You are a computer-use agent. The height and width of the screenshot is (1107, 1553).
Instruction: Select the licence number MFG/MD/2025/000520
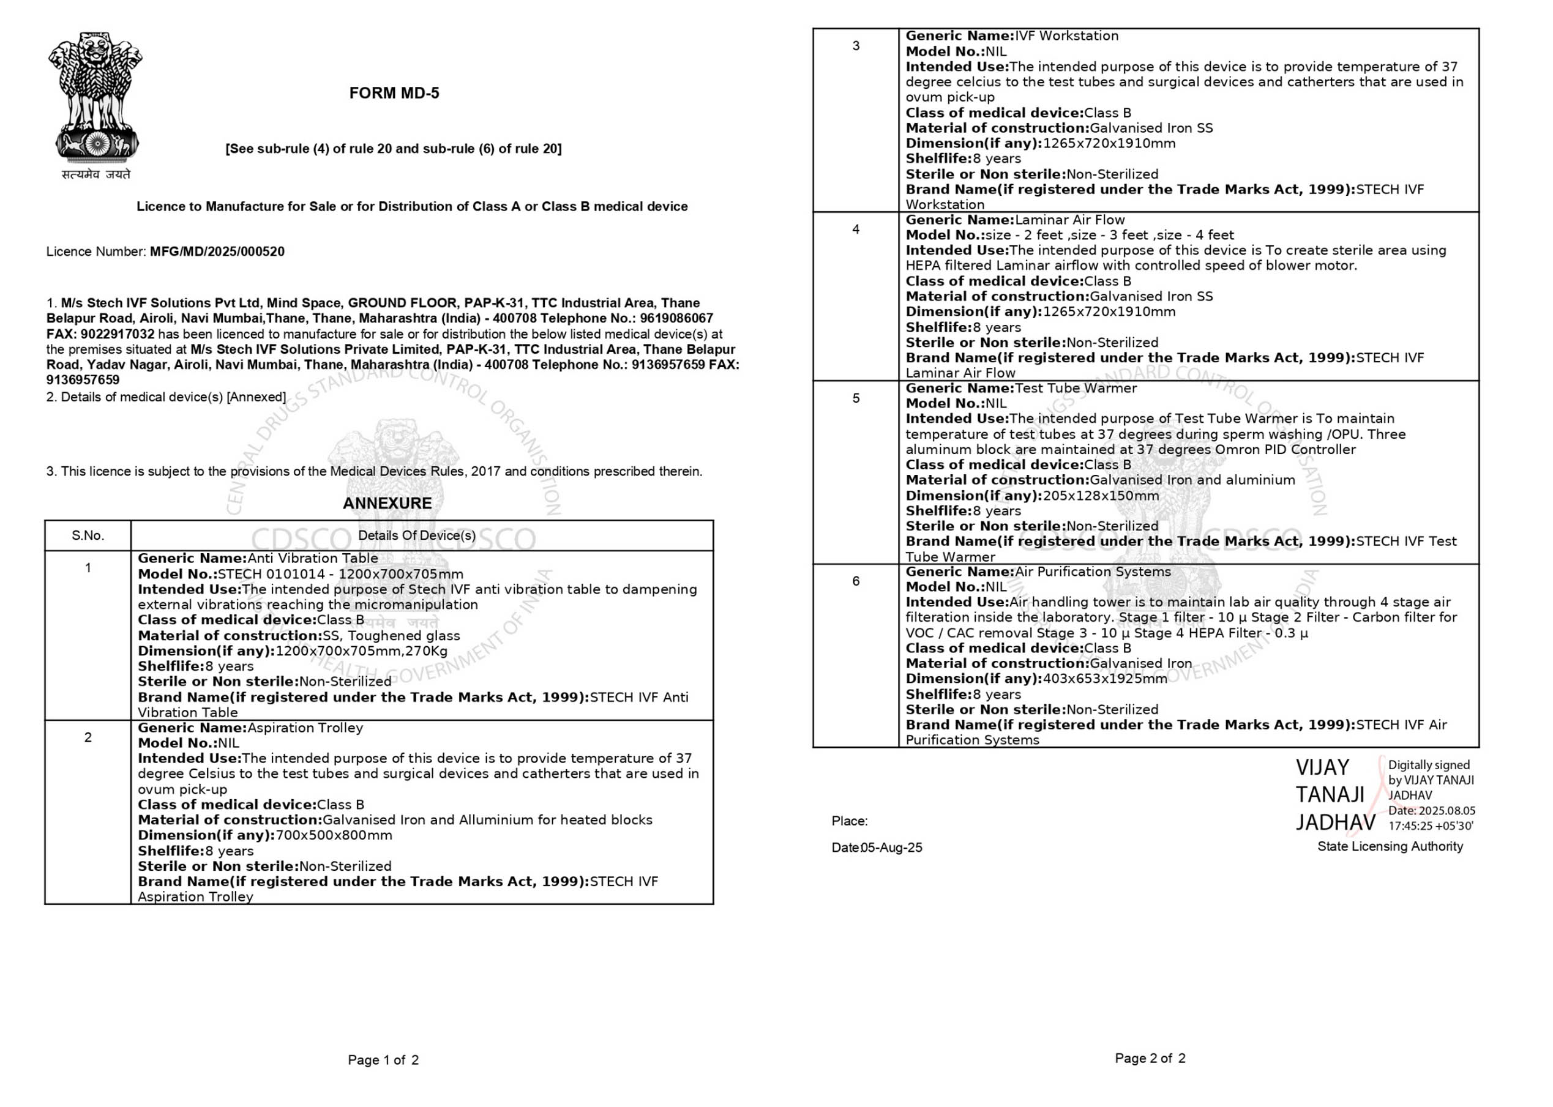pyautogui.click(x=217, y=252)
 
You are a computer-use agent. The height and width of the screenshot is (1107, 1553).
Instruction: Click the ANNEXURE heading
pyautogui.click(x=387, y=503)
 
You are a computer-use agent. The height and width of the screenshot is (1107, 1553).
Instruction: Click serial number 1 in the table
pyautogui.click(x=88, y=568)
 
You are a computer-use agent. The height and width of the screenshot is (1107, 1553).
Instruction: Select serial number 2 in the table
pyautogui.click(x=88, y=737)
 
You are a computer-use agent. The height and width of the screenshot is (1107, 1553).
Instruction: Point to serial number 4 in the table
pyautogui.click(x=856, y=229)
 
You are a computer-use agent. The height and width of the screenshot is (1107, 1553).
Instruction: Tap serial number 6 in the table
pyautogui.click(x=856, y=581)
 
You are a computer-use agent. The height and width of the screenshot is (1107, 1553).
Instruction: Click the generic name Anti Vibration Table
pyautogui.click(x=312, y=558)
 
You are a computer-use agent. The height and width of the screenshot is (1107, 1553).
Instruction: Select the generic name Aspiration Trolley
pyautogui.click(x=305, y=728)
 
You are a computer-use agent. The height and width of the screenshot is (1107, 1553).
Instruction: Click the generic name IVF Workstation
pyautogui.click(x=1066, y=36)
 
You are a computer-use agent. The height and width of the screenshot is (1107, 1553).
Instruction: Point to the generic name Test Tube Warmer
pyautogui.click(x=1076, y=389)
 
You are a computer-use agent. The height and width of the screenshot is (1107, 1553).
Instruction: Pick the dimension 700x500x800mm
pyautogui.click(x=334, y=835)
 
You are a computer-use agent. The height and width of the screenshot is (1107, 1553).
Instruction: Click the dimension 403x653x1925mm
pyautogui.click(x=1104, y=679)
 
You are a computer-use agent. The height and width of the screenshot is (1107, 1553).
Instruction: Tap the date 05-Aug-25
pyautogui.click(x=892, y=848)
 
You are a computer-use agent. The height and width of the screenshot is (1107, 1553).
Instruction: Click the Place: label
pyautogui.click(x=850, y=821)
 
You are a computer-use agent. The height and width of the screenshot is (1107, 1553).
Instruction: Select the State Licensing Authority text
pyautogui.click(x=1390, y=846)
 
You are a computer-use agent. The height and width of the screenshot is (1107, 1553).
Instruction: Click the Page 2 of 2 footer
pyautogui.click(x=1150, y=1059)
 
